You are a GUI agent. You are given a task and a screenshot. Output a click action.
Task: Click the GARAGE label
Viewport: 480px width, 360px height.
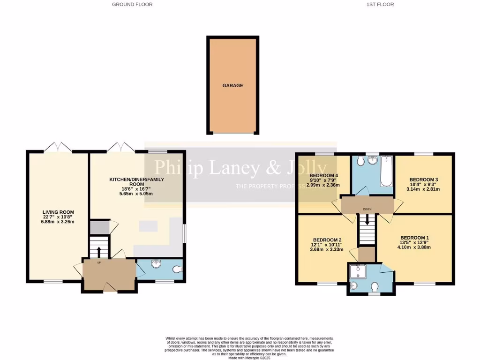(232, 86)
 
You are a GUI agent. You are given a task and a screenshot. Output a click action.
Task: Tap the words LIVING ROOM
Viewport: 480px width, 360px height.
(58, 212)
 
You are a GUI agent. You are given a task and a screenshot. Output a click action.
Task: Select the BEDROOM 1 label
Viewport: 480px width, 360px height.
(414, 237)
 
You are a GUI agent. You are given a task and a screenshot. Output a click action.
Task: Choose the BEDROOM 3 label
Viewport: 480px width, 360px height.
(423, 180)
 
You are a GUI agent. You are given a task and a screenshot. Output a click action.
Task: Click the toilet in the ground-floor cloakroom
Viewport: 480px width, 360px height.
(176, 270)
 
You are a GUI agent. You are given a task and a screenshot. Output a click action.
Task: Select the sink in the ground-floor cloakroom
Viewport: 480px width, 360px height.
(156, 264)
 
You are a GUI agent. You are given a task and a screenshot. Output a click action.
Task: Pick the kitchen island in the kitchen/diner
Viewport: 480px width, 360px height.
(148, 226)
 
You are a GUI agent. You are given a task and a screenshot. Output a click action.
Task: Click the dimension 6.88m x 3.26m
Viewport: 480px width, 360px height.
(58, 222)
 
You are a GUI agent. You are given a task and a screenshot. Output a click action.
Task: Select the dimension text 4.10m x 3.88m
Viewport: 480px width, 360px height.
(414, 247)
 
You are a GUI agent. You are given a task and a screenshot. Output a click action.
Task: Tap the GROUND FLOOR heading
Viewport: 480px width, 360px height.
(132, 4)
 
